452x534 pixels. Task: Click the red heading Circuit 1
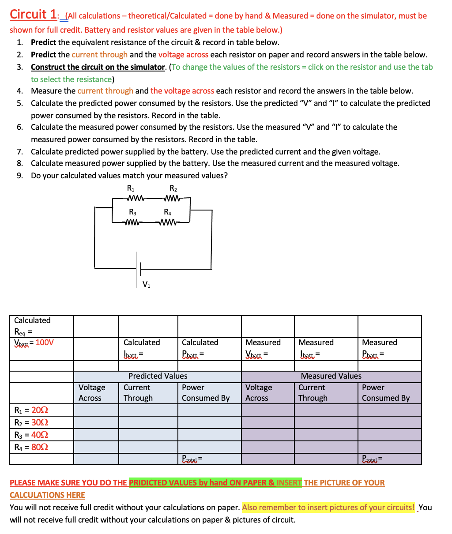coord(33,14)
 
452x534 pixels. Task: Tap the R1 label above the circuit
coord(131,189)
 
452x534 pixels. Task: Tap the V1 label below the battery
coord(146,285)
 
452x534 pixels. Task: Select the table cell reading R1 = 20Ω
coord(31,410)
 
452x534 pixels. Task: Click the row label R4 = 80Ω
coord(31,447)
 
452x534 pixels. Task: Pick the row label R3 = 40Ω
coord(31,435)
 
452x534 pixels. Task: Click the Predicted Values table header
coord(158,376)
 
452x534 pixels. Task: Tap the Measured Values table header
coord(331,376)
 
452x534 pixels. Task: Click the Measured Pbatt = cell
coord(380,348)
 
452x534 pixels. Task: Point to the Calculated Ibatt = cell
coord(142,348)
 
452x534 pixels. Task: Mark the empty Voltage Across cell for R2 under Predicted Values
coord(96,422)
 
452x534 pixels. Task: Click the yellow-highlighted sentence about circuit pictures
coord(328,507)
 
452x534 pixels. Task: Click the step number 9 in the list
coord(20,176)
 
